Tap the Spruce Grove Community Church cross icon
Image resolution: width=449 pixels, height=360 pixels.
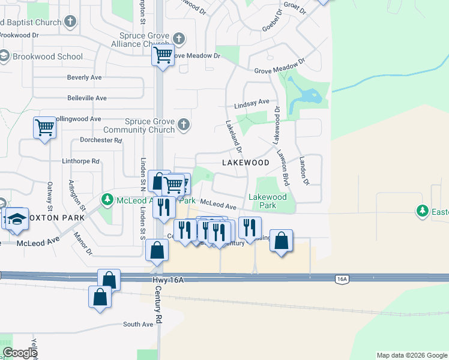point(184,125)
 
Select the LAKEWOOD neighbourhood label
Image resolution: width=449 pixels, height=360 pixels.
point(246,163)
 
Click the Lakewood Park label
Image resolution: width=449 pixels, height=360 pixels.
point(267,201)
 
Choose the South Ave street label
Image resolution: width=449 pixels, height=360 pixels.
point(138,325)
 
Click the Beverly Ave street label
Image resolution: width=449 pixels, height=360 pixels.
point(84,77)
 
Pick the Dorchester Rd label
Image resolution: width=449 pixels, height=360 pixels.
point(101,140)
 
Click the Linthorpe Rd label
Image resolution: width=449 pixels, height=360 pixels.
point(80,161)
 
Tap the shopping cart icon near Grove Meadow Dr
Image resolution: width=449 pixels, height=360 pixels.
point(163,55)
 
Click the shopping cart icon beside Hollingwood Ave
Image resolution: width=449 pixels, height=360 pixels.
point(44,127)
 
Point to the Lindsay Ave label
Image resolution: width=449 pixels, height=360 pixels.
point(252,104)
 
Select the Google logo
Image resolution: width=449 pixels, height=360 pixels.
point(20,353)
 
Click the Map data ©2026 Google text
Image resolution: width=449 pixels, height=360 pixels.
point(412,355)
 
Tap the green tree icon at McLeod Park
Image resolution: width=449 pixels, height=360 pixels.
point(107,199)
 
